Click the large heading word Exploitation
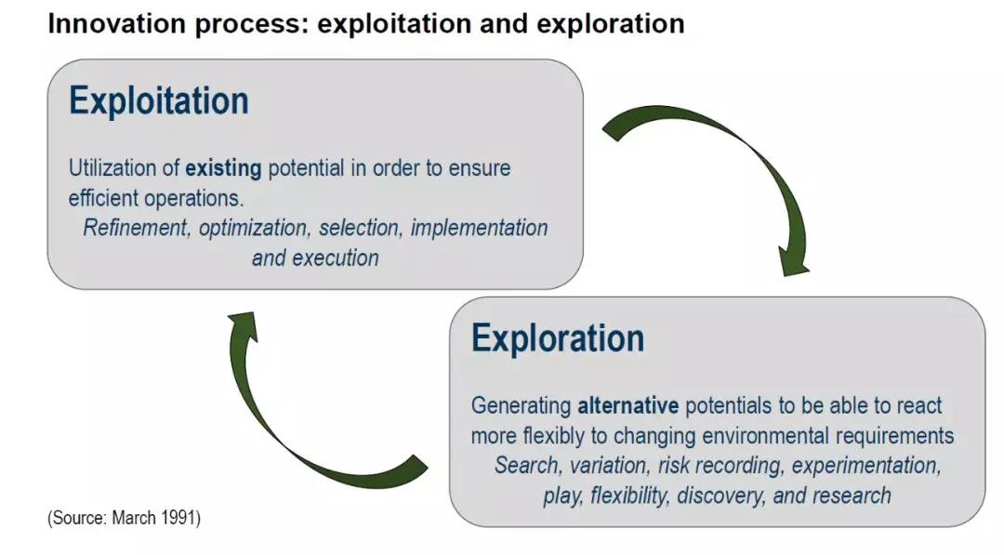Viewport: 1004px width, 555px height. [x=159, y=101]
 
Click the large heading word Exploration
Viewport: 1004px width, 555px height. [x=558, y=338]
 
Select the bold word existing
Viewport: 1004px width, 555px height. [x=223, y=168]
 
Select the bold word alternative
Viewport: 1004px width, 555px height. [x=628, y=405]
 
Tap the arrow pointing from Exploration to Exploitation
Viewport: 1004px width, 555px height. [x=275, y=422]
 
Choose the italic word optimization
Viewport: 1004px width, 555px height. [x=254, y=229]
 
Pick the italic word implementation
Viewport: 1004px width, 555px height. [x=479, y=228]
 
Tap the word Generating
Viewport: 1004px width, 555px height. [x=522, y=406]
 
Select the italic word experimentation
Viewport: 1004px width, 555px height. [x=866, y=466]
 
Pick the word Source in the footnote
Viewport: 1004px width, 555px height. [x=80, y=517]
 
